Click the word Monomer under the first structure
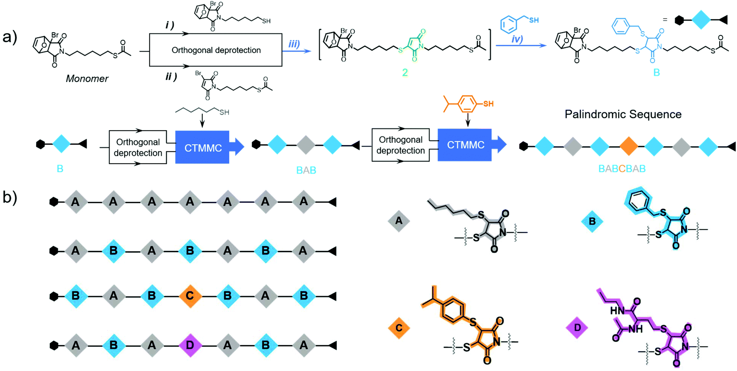click(x=87, y=79)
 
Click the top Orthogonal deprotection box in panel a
click(x=216, y=50)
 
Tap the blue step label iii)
click(x=294, y=44)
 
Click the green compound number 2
click(x=405, y=73)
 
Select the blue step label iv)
click(x=517, y=39)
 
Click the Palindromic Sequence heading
click(x=623, y=114)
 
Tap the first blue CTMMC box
click(x=203, y=148)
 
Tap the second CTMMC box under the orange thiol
click(x=465, y=145)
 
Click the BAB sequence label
click(x=306, y=170)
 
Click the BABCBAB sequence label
click(x=622, y=169)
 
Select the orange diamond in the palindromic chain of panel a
click(x=628, y=147)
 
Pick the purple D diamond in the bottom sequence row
click(x=190, y=346)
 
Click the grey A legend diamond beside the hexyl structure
click(x=399, y=221)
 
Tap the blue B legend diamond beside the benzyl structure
click(x=592, y=221)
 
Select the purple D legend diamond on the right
click(x=577, y=328)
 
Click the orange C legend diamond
click(x=399, y=328)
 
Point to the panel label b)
click(x=10, y=197)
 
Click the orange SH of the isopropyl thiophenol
click(x=488, y=104)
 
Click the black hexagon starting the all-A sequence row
click(x=54, y=202)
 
